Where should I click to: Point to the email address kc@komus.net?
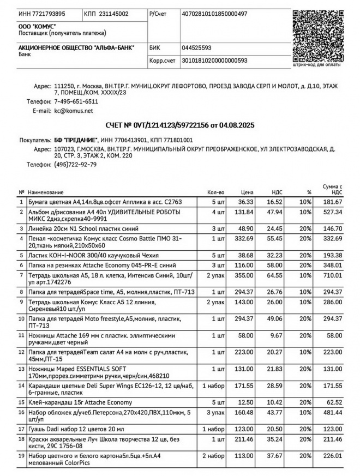(x=74, y=111)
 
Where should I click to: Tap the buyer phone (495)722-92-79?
(x=76, y=164)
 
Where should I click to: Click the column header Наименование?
(x=45, y=192)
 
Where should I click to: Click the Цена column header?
(x=247, y=192)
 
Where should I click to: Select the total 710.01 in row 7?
(x=332, y=276)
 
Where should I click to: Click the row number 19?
(x=21, y=455)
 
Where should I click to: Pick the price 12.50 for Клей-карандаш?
(x=246, y=402)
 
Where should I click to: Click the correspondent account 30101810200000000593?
(x=214, y=61)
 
